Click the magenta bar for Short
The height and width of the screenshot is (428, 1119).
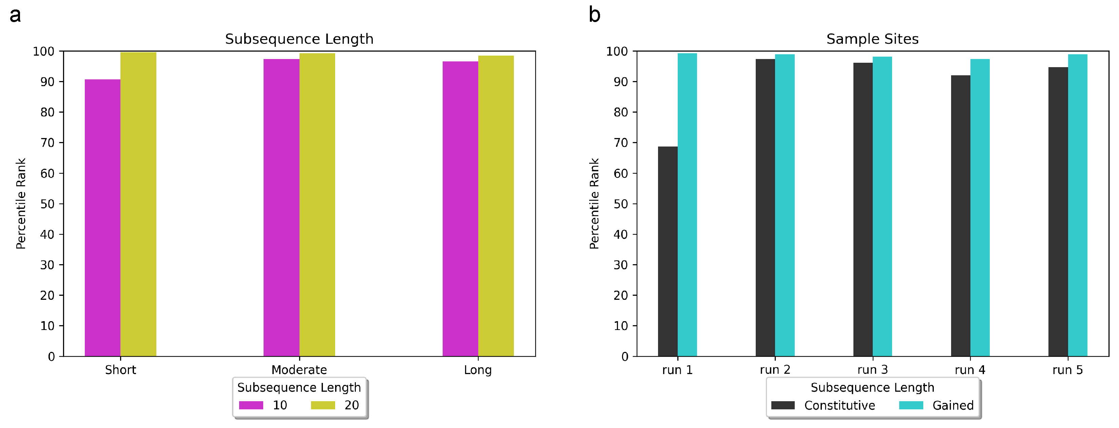coord(102,217)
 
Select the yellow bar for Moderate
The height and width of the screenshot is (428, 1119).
coord(317,204)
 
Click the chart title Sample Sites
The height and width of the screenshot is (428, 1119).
coord(872,39)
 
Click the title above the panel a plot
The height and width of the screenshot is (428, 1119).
coord(299,39)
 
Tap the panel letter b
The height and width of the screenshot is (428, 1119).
coord(594,15)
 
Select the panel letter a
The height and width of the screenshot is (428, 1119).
coord(15,15)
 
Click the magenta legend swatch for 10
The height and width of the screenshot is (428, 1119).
coord(251,405)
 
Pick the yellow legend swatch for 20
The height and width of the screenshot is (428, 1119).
coord(323,405)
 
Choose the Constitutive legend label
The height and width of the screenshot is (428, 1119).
coord(839,405)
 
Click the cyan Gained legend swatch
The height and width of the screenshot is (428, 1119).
coord(911,405)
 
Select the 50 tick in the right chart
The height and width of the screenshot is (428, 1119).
coord(621,204)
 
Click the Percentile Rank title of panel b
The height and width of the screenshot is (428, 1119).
coord(594,203)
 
